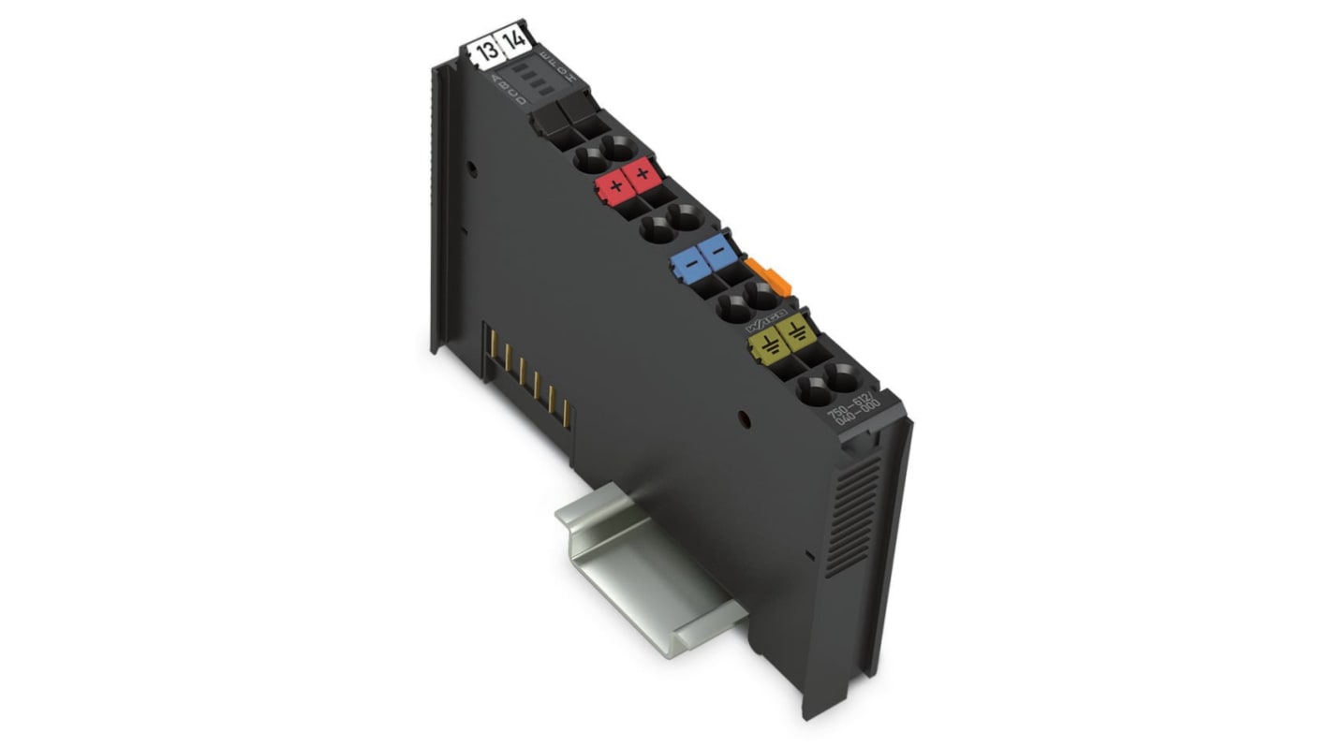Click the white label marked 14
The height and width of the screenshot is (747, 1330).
click(514, 42)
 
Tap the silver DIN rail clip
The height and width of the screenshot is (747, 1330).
click(647, 563)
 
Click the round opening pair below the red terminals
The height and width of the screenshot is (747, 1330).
click(672, 226)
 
